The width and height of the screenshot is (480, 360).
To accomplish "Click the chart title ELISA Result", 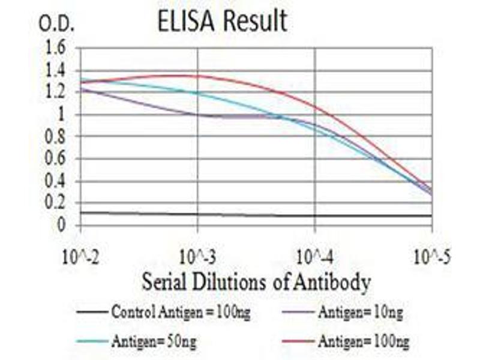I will pyautogui.click(x=222, y=22).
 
